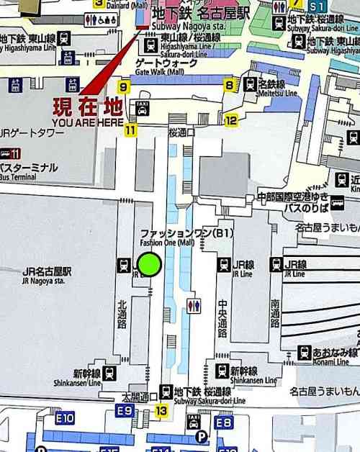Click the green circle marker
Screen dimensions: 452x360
[x=149, y=264]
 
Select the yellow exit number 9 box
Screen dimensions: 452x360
[x=125, y=88]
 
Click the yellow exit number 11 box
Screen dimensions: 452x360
[x=130, y=130]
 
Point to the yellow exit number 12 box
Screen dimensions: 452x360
[x=230, y=119]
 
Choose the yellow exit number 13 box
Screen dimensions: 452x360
[x=161, y=410]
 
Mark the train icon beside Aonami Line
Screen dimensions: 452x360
[x=305, y=353]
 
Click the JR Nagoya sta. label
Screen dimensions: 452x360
[x=47, y=276]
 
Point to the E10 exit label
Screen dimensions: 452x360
[x=65, y=417]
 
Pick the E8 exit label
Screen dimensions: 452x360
[x=224, y=423]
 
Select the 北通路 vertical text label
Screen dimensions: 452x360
[x=122, y=313]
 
